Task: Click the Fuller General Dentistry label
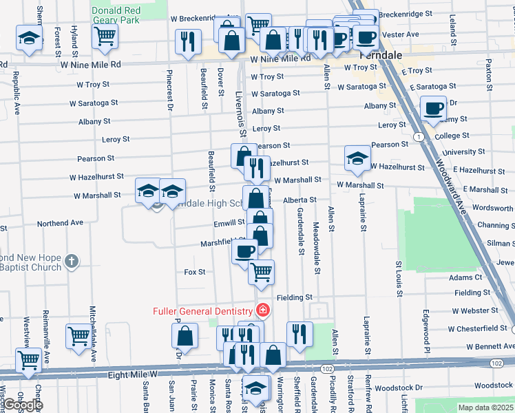pos(202,311)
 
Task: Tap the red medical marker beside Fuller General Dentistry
pos(262,311)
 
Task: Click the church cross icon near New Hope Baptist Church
pos(72,262)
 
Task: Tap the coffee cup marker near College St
pos(434,108)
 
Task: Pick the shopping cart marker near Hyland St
pos(105,36)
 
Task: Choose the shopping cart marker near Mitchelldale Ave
pos(79,337)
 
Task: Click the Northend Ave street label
pos(60,223)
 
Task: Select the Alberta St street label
pos(299,200)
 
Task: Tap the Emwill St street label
pos(230,222)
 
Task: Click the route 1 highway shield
pos(419,137)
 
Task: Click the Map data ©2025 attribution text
pos(485,407)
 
